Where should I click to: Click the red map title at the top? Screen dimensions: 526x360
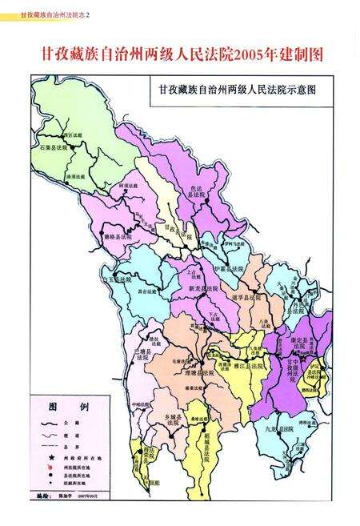180,54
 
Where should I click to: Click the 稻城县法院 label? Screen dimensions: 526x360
206,453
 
